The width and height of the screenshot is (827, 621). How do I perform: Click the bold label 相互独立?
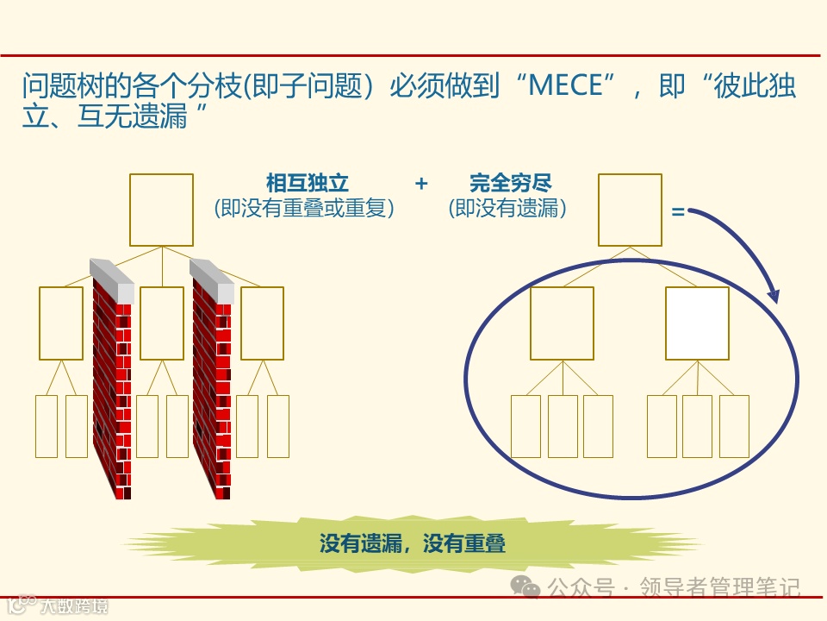click(x=308, y=184)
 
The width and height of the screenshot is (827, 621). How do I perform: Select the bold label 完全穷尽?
click(x=511, y=184)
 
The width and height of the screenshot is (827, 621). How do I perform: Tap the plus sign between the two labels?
click(x=421, y=184)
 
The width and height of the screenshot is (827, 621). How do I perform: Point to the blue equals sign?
click(x=678, y=211)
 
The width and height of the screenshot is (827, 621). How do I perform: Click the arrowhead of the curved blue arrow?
click(x=772, y=296)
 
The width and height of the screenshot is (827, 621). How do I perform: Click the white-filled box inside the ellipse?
click(x=697, y=323)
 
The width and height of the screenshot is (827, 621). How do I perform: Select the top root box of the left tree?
click(x=161, y=210)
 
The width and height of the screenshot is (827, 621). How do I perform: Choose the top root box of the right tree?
click(x=630, y=210)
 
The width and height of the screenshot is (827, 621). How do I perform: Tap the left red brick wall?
click(x=113, y=388)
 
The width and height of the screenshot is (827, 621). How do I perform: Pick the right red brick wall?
click(x=212, y=388)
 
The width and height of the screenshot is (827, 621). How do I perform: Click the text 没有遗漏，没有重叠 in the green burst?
click(x=412, y=543)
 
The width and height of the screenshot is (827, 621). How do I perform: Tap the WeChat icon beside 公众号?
click(x=525, y=587)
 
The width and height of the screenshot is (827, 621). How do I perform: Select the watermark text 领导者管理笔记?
click(x=720, y=588)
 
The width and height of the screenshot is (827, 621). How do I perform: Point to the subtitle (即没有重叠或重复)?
click(x=304, y=209)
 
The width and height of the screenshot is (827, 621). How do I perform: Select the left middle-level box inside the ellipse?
click(x=562, y=323)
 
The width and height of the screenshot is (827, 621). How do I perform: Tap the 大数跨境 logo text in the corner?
click(x=74, y=606)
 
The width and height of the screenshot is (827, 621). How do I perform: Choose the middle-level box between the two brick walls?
click(x=162, y=323)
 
